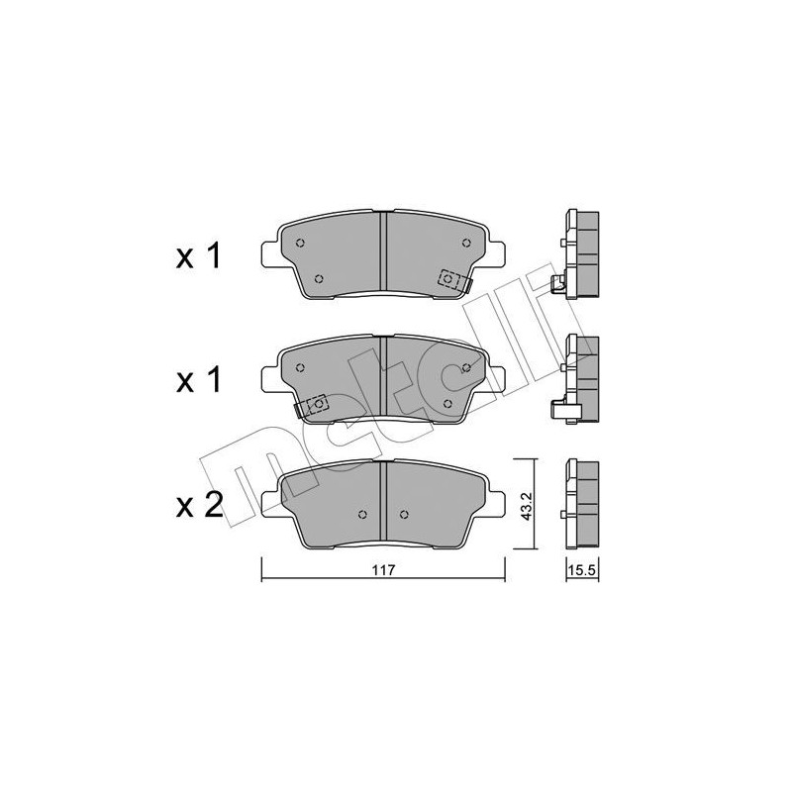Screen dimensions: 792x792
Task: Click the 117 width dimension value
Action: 383,571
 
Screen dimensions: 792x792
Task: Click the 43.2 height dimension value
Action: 526,506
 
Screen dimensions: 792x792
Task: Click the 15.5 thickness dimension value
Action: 582,571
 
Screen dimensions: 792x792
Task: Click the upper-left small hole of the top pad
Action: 300,243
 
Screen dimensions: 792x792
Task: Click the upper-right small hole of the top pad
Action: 466,243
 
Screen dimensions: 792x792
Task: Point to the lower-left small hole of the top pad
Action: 318,279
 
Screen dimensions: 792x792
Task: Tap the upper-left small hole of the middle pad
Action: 300,367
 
